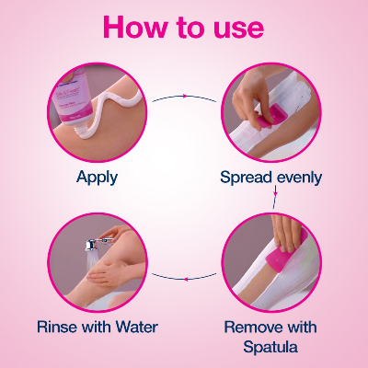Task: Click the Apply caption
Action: (98, 177)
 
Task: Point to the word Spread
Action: (246, 177)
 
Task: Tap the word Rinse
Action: (61, 327)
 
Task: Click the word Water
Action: (134, 327)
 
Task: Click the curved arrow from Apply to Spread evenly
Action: (184, 96)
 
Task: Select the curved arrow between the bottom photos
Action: (184, 276)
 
